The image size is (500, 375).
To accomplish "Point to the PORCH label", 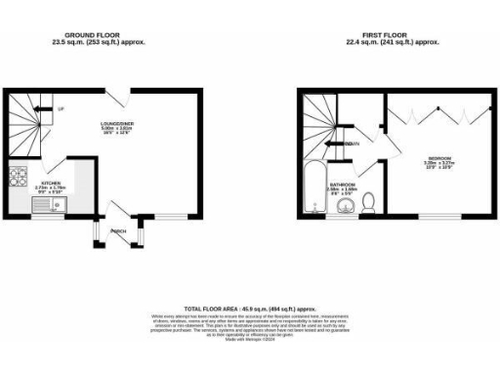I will point(119,231).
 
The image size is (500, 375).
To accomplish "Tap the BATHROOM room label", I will point(342,183).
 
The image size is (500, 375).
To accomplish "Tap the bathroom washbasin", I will point(341,208).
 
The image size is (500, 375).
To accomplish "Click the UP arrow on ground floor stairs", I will point(61,107).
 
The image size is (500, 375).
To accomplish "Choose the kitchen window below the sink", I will point(44,217).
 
